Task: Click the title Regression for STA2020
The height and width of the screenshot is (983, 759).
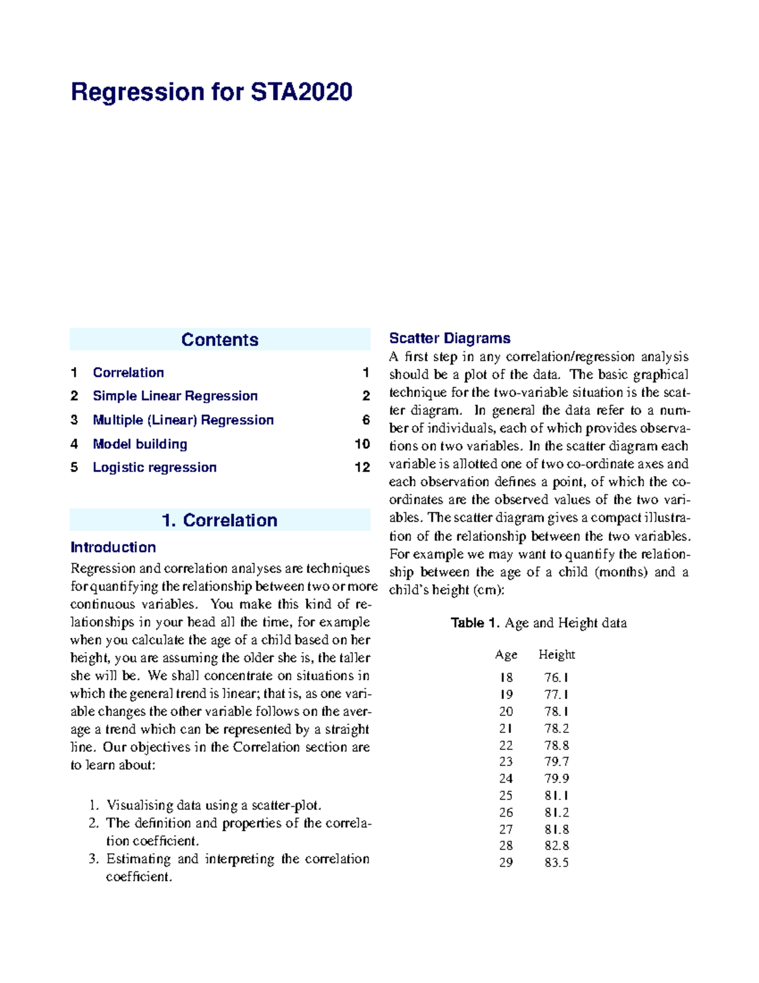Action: pos(211,92)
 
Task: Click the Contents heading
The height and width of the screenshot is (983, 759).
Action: pos(219,340)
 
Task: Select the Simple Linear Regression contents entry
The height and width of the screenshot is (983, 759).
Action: pos(175,396)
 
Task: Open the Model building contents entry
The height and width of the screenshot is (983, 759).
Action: pos(140,444)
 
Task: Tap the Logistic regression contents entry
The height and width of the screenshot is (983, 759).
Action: pos(154,468)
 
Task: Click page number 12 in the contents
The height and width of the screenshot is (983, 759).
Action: pos(362,468)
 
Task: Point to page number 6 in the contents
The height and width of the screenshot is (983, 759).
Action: pos(366,420)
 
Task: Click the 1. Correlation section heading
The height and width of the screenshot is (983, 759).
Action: pos(219,520)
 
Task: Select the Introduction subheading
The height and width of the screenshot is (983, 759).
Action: pos(113,548)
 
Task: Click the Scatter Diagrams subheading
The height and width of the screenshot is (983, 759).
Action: pos(450,339)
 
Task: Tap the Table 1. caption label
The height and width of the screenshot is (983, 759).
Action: pos(476,623)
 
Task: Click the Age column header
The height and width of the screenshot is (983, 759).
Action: pos(506,654)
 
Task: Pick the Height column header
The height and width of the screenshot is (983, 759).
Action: pos(557,654)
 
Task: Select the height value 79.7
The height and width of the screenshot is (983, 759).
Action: pos(557,761)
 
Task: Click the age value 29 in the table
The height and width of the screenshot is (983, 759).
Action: pos(506,862)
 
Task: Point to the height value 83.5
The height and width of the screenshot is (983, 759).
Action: pos(557,862)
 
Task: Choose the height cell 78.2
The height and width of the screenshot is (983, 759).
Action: pos(557,729)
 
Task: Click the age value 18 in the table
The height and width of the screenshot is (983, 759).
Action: pos(506,678)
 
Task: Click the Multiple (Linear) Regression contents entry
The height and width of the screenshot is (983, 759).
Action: pos(183,420)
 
